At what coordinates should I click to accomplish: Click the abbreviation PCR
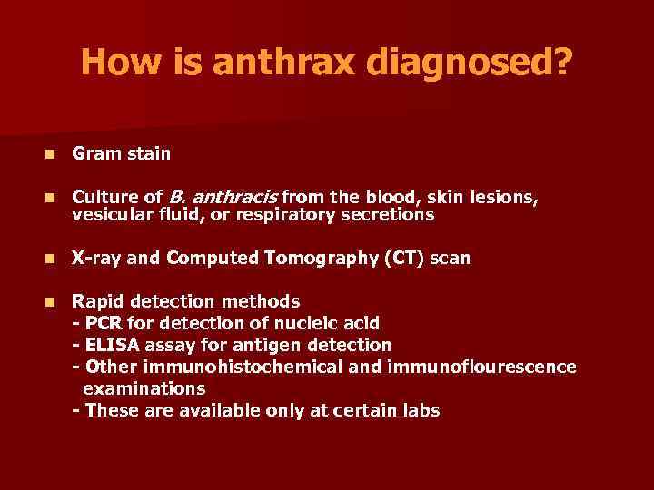100,323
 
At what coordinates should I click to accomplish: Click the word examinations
144,388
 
